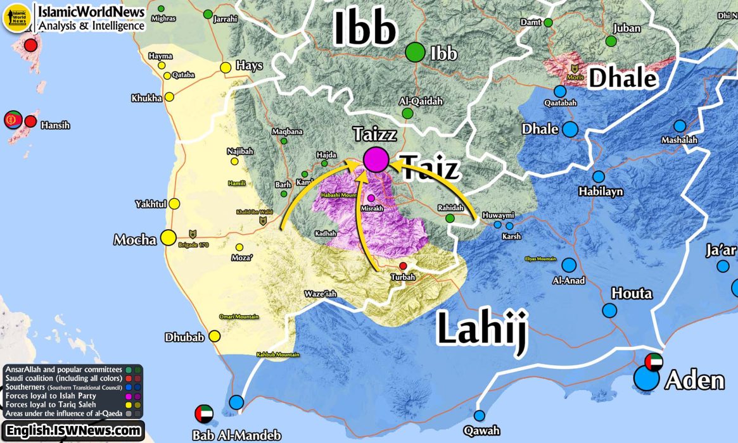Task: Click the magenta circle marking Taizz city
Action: pos(376,159)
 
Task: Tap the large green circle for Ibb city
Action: pos(416,52)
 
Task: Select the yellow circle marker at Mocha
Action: pos(168,237)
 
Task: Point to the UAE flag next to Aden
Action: pos(654,363)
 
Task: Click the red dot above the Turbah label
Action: pos(403,266)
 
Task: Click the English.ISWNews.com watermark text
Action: pos(73,431)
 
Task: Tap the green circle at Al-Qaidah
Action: pos(407,113)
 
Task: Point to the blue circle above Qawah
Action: pos(480,416)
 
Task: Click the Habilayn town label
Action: pos(600,191)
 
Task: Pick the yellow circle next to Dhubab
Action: pos(215,336)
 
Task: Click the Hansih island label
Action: pos(55,125)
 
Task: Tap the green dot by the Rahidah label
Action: pos(450,218)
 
